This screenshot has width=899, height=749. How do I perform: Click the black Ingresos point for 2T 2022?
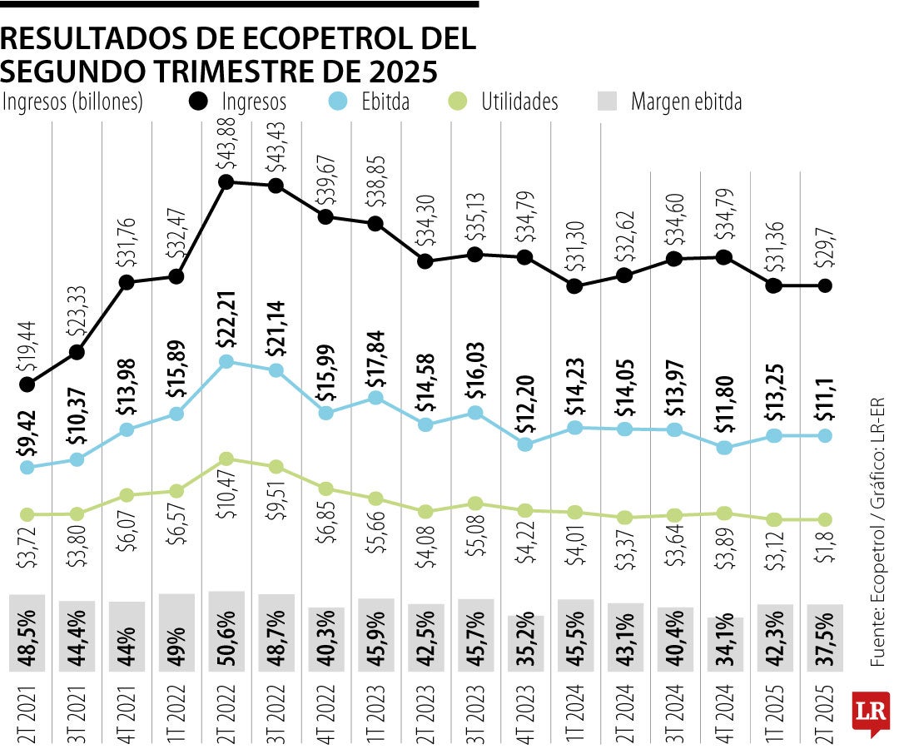click(x=226, y=182)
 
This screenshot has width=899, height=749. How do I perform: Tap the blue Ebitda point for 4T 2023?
click(x=525, y=444)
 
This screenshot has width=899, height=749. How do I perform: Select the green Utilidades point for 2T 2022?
click(x=226, y=459)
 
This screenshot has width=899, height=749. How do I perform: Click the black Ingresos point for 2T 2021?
click(x=27, y=384)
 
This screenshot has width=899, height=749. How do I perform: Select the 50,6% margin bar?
click(x=226, y=630)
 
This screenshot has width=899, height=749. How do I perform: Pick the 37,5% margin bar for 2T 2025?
click(x=824, y=637)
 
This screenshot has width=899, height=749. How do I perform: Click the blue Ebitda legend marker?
click(x=336, y=102)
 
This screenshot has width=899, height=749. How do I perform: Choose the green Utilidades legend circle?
click(x=456, y=102)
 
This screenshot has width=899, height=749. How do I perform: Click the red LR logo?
click(x=871, y=712)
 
